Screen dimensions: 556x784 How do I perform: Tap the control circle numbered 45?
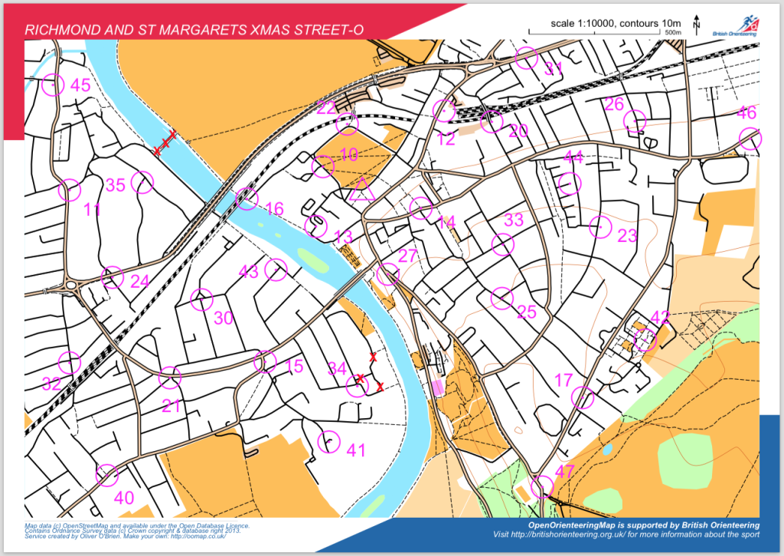53,84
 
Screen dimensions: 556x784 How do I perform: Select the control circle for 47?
542,486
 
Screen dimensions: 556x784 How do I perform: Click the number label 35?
115,185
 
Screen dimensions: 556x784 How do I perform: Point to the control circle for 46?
751,139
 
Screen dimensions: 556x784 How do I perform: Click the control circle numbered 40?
107,475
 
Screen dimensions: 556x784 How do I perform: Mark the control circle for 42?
645,339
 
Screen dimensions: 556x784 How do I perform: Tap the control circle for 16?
247,199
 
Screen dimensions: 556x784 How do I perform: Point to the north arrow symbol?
696,25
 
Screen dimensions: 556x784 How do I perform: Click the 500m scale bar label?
673,34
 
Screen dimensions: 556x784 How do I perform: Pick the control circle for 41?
328,441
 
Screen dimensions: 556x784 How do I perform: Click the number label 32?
51,384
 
